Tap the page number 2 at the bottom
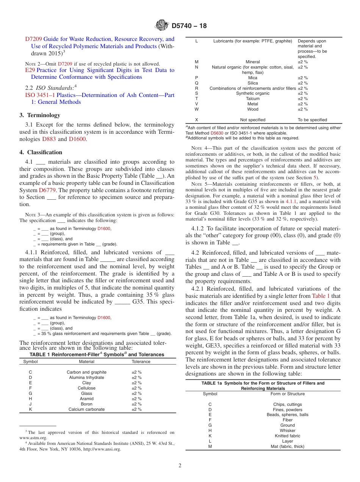(180, 466)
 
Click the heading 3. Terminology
(40, 115)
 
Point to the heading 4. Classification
(41, 152)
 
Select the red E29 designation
(30, 70)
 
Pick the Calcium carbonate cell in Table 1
(86, 409)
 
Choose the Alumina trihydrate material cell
(86, 377)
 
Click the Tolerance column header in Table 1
(141, 361)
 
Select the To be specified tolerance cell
(312, 120)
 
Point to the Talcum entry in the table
(253, 99)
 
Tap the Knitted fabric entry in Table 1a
(287, 436)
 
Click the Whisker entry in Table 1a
(287, 430)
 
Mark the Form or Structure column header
(287, 394)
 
